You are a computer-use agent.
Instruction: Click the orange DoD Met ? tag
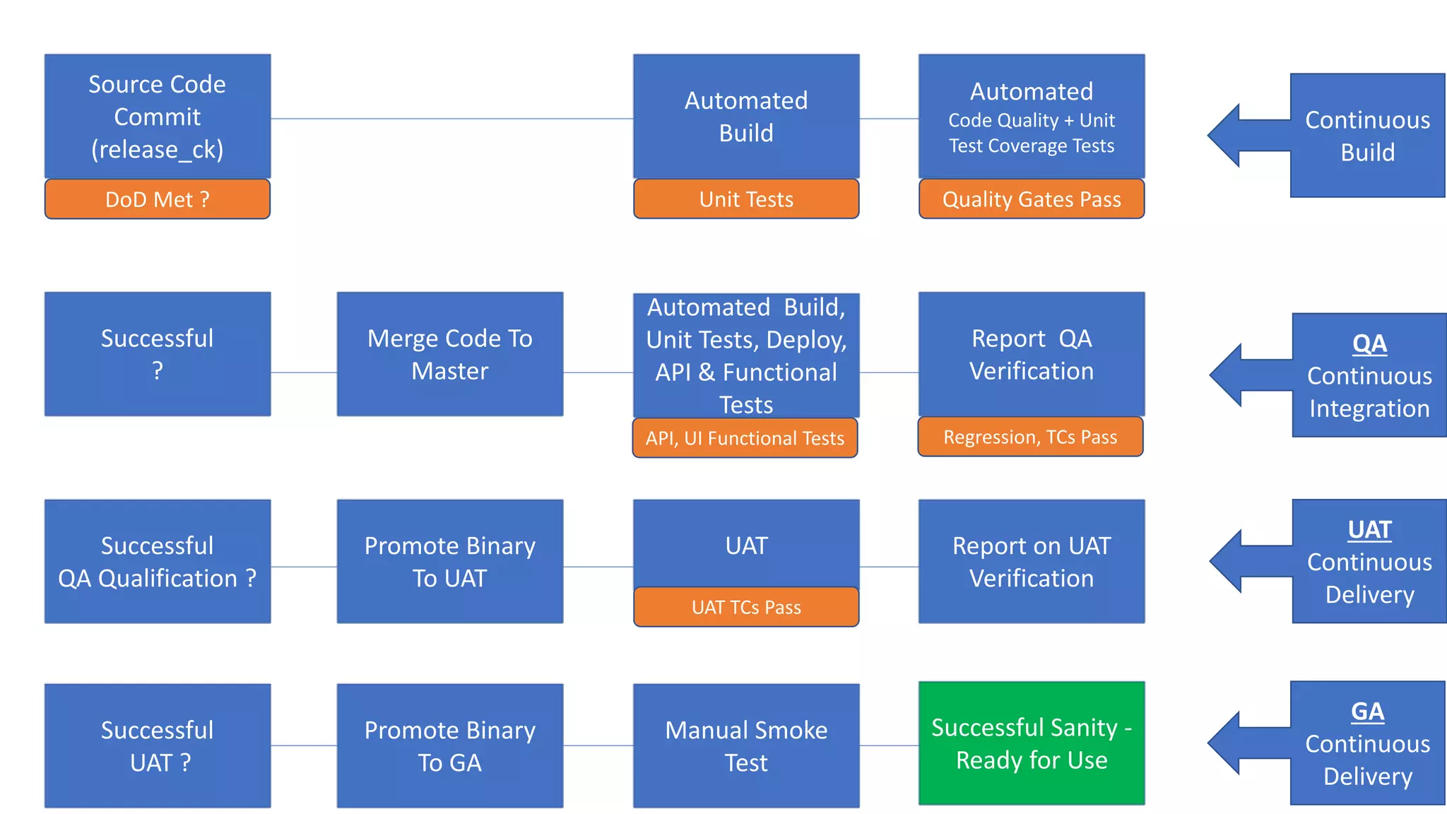157,199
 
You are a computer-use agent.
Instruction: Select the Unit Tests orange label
746,199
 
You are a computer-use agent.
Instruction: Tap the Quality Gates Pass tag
1031,199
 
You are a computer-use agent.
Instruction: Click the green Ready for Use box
1031,743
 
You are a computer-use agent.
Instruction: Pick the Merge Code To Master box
449,354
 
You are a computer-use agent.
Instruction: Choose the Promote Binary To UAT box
449,562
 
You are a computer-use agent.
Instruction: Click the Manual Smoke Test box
746,745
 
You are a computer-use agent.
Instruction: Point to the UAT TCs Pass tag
746,607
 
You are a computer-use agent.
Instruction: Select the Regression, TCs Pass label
1030,437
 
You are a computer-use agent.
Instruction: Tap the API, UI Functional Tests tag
745,438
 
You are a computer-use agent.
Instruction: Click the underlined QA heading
1369,344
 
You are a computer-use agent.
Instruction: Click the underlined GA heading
1367,711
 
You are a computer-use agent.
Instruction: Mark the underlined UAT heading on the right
1369,530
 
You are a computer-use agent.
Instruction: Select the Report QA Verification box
1031,354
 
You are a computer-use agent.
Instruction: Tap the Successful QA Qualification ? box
157,562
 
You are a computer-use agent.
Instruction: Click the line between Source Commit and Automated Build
452,119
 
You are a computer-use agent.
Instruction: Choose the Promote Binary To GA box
449,745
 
